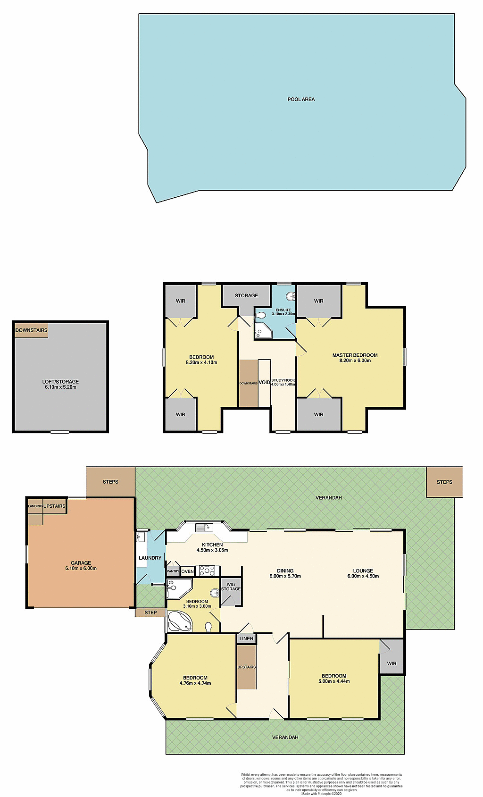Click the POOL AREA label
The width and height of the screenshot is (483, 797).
[x=301, y=99]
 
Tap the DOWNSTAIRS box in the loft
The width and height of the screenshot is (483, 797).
[x=31, y=330]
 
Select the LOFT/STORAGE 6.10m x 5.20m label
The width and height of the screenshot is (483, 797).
[x=60, y=384]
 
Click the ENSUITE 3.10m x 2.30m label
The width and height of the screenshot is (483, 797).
[x=283, y=312]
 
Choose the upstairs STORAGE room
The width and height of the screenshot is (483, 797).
[x=246, y=295]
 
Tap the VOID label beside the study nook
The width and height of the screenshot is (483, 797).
[x=264, y=382]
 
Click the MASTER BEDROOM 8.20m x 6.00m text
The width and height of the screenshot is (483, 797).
[x=355, y=358]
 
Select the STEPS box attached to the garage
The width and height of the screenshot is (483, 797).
[x=110, y=482]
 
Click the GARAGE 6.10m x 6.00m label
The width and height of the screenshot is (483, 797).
[x=81, y=565]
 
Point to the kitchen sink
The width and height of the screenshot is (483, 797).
[x=204, y=528]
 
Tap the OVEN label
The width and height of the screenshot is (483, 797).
[x=188, y=571]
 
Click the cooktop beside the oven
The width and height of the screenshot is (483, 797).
[x=207, y=571]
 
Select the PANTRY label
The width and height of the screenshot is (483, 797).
[x=173, y=571]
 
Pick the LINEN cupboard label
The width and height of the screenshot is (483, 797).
[x=246, y=638]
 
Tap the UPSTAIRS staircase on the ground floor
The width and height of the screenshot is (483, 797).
[x=247, y=667]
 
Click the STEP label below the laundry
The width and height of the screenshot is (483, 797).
[x=150, y=612]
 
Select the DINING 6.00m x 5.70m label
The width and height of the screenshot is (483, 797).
[x=285, y=573]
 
